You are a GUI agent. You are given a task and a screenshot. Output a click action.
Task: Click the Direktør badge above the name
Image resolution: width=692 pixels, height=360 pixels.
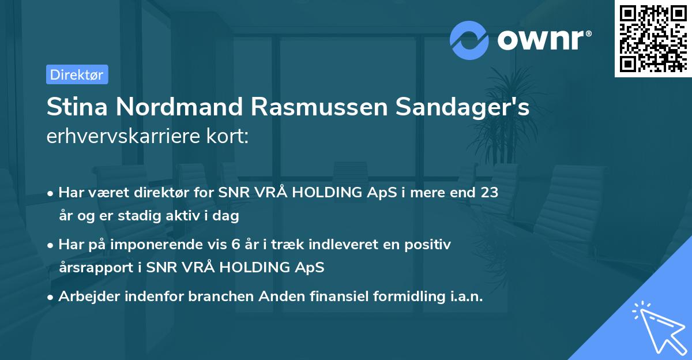[x=77, y=74]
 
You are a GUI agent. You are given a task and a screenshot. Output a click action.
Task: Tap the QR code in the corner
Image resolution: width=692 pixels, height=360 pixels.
[x=653, y=38]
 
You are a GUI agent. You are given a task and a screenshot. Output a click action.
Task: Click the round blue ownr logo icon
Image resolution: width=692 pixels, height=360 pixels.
[x=470, y=40]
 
